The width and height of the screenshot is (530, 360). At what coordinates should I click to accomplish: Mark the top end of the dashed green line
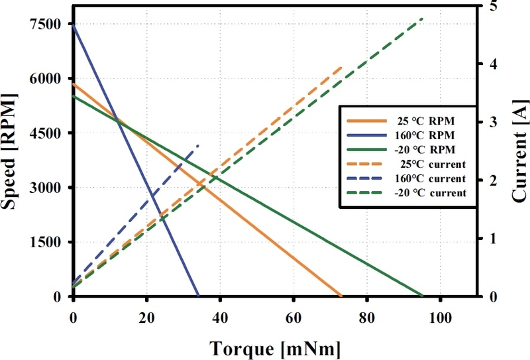tap(423, 19)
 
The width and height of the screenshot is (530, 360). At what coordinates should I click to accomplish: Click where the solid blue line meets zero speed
tap(198, 296)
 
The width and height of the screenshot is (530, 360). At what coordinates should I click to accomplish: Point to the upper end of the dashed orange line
tap(342, 67)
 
